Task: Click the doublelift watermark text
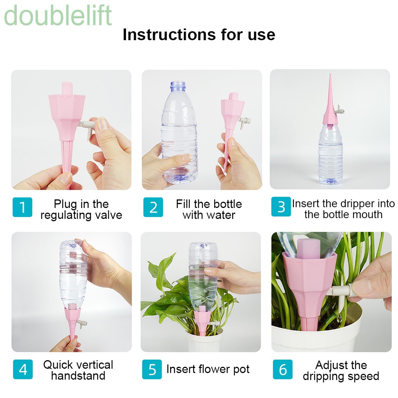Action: tap(58, 15)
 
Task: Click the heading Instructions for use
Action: tap(199, 34)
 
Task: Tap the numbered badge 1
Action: tap(22, 207)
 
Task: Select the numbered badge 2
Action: tap(153, 207)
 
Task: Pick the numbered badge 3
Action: tap(281, 207)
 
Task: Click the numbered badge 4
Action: tap(23, 369)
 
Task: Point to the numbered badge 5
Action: tap(152, 369)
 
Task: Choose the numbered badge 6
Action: tap(283, 369)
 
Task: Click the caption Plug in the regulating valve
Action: tap(81, 210)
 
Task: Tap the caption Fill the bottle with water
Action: tap(209, 210)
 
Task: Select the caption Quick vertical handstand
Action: tap(78, 370)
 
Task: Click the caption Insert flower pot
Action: tap(208, 369)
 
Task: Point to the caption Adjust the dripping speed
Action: tap(341, 371)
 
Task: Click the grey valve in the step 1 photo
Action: tap(86, 128)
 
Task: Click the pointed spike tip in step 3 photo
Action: tap(330, 75)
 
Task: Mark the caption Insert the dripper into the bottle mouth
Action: tap(343, 209)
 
